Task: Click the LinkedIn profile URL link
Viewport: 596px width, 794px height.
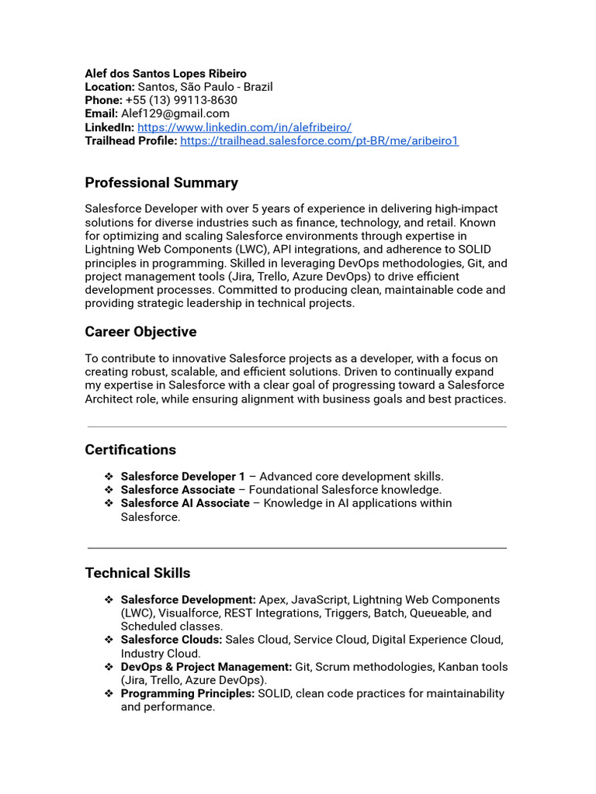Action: tap(244, 127)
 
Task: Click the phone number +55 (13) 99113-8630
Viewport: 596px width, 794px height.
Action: tap(181, 101)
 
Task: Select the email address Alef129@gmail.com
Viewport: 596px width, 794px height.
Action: tap(175, 114)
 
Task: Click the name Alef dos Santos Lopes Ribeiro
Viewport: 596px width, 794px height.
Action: tap(165, 74)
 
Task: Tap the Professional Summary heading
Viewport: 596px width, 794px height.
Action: tap(161, 183)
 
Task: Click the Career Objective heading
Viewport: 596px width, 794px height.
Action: tap(140, 332)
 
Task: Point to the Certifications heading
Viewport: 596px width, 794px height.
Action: tap(130, 450)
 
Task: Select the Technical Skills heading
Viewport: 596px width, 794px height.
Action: tap(137, 573)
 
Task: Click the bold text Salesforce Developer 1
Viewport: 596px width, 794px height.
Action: tap(182, 477)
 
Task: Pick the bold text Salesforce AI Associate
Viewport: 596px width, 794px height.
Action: tap(185, 503)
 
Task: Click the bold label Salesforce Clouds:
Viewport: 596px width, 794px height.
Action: tap(172, 640)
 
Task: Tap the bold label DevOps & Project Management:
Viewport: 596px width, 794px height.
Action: tap(206, 667)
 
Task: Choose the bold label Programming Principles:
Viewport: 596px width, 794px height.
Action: tap(188, 693)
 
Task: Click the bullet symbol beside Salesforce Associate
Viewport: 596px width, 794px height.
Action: tap(109, 490)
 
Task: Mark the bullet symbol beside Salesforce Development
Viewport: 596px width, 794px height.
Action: tap(109, 600)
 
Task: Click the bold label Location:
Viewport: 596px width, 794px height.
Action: tap(109, 87)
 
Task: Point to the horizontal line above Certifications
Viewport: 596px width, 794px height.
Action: tap(296, 426)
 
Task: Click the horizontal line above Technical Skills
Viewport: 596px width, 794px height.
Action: tap(296, 548)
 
